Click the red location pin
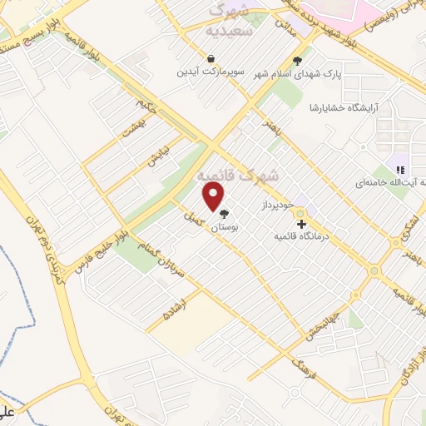214,198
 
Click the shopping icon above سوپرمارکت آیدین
211,59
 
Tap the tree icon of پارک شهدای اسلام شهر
297,60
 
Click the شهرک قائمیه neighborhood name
239,176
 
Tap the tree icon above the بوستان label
224,213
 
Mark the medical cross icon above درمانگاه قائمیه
301,224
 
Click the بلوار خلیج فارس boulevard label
111,236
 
